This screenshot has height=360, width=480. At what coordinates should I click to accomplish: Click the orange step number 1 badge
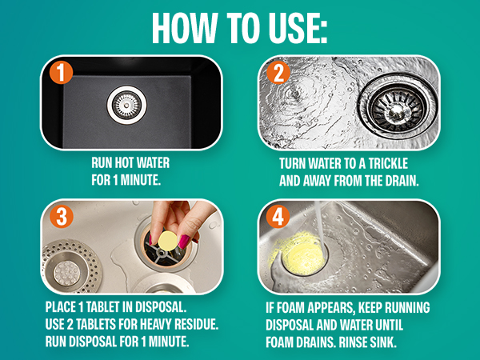click(61, 73)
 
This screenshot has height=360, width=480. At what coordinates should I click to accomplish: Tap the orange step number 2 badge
click(278, 73)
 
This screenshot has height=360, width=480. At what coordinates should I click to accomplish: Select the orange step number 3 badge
click(62, 217)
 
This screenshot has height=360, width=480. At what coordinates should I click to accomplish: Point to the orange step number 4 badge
click(278, 217)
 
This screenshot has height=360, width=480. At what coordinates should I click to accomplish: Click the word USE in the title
click(298, 29)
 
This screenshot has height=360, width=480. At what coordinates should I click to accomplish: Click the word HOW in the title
click(185, 29)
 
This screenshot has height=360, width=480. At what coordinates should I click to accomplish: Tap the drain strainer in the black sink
click(126, 105)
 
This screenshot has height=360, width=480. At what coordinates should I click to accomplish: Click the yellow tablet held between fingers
click(168, 241)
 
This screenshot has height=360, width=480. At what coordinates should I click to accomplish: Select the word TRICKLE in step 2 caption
click(388, 164)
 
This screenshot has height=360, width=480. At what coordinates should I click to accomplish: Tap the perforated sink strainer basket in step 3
click(71, 267)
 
